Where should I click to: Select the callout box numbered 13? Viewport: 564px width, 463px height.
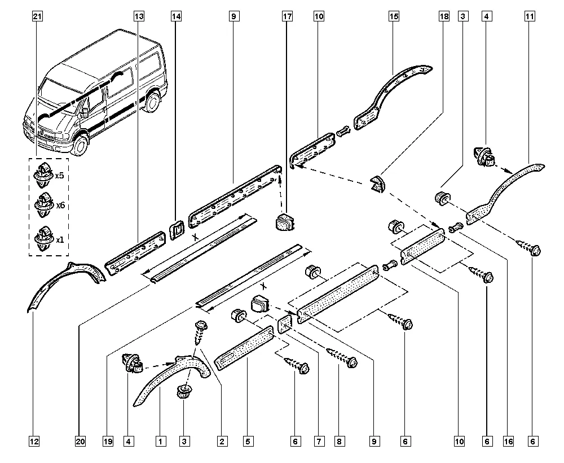(x=139, y=17)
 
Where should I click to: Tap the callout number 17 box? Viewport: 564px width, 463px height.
(x=287, y=17)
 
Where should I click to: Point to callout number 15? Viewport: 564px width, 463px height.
(x=393, y=17)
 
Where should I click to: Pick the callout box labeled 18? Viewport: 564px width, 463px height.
(x=444, y=17)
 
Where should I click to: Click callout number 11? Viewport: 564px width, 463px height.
(x=530, y=17)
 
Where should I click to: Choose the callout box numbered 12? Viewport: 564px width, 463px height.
(x=35, y=440)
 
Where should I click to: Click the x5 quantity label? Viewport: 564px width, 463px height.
(x=59, y=176)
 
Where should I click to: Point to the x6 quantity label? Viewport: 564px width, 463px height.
(x=59, y=206)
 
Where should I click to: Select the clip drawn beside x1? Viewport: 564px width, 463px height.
(x=43, y=237)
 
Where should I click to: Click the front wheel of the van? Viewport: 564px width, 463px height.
(x=81, y=145)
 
